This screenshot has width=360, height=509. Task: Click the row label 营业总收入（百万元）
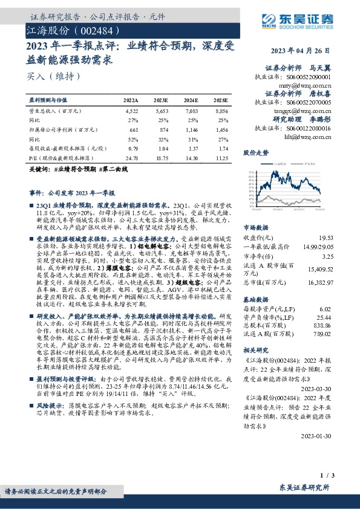pyautogui.click(x=55, y=111)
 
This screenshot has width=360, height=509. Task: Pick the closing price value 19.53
pyautogui.click(x=326, y=239)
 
